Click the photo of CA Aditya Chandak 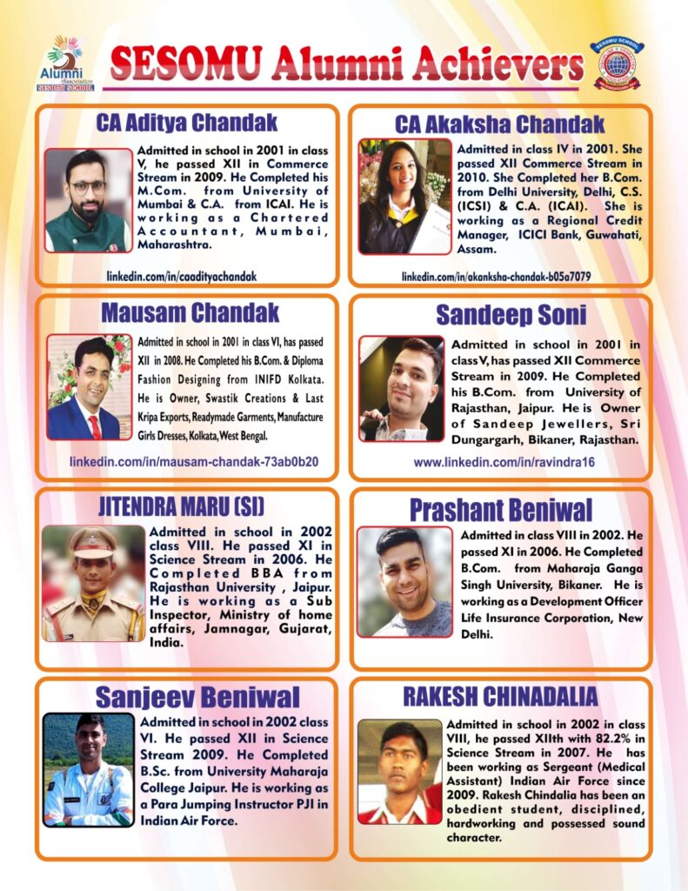click(88, 201)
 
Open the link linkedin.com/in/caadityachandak click(181, 276)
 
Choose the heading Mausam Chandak click(190, 312)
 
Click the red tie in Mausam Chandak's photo click(94, 426)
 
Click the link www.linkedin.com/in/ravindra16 click(504, 462)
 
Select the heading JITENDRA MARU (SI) click(181, 506)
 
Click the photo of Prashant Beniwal click(404, 581)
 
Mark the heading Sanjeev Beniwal click(197, 696)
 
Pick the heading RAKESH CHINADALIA click(499, 696)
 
